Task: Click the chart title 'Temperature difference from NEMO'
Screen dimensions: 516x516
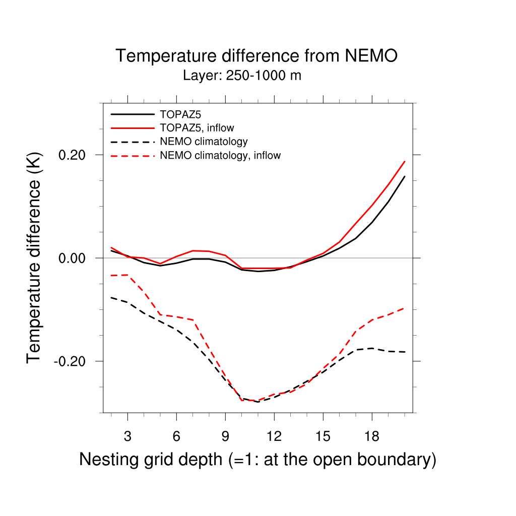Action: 256,55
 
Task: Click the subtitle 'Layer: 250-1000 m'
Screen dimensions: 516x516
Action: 242,76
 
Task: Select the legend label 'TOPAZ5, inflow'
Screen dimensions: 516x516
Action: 197,128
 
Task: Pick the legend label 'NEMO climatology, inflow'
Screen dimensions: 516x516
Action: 220,155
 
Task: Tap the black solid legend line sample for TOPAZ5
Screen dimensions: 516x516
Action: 132,114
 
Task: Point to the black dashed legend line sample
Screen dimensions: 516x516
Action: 132,142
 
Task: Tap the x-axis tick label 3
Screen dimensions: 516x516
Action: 127,436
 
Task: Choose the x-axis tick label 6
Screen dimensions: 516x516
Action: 176,436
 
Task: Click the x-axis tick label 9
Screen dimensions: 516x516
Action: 225,436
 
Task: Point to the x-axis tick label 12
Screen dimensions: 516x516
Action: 274,436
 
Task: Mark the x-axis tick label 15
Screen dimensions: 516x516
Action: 322,436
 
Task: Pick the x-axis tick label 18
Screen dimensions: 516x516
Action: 371,436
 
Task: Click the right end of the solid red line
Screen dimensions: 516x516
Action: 405,161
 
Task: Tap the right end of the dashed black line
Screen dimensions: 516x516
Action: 405,352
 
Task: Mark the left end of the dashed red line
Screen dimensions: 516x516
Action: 111,276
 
